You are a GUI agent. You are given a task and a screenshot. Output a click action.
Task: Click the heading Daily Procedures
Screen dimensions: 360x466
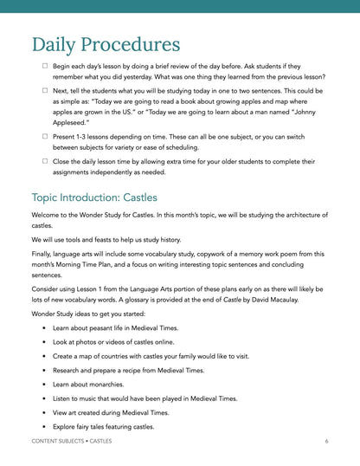(x=106, y=44)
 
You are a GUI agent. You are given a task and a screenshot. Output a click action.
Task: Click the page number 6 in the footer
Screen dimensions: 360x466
(x=326, y=442)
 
